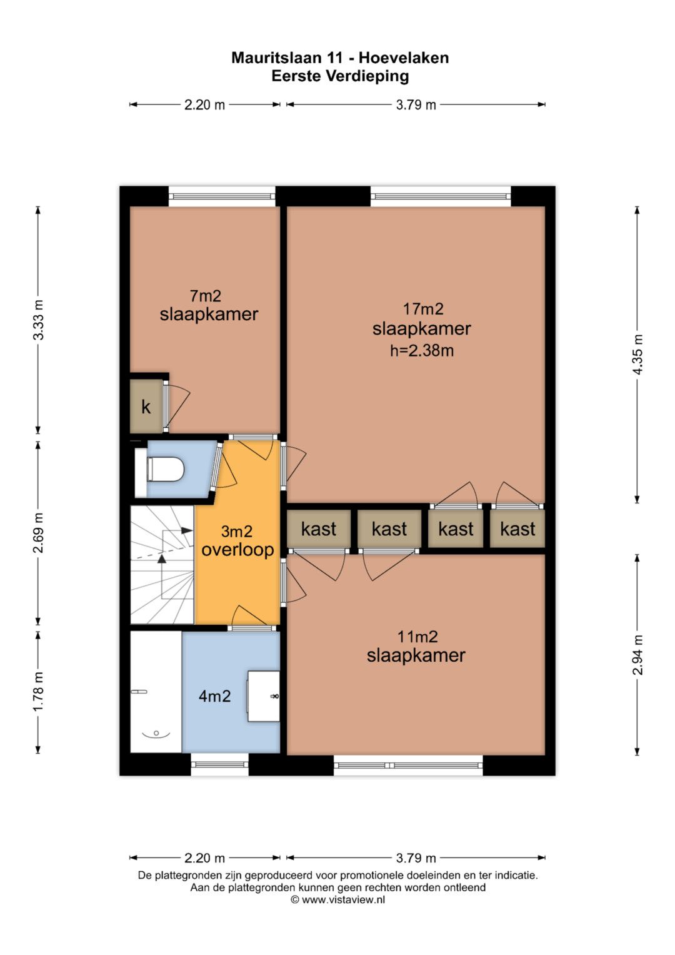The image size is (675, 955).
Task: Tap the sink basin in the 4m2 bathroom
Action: click(263, 696)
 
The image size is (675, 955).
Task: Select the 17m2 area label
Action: click(423, 309)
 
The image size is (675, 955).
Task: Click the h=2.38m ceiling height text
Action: click(422, 350)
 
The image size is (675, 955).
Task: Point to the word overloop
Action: click(237, 550)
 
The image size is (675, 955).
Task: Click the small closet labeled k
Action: click(146, 406)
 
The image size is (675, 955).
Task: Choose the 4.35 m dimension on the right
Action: click(637, 355)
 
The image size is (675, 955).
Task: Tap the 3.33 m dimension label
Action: click(38, 320)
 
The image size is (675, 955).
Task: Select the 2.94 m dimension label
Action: click(637, 655)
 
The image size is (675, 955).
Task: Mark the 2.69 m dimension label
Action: click(38, 533)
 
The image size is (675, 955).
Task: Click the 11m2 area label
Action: click(417, 637)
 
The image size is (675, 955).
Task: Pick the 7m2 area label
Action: click(206, 295)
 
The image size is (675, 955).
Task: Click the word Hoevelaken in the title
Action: click(404, 58)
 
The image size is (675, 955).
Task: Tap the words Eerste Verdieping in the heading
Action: click(340, 76)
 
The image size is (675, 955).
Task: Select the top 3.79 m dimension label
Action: click(416, 105)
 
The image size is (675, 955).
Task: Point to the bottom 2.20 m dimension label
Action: click(204, 858)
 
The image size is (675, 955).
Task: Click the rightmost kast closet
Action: click(517, 528)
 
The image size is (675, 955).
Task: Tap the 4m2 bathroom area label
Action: click(215, 696)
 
